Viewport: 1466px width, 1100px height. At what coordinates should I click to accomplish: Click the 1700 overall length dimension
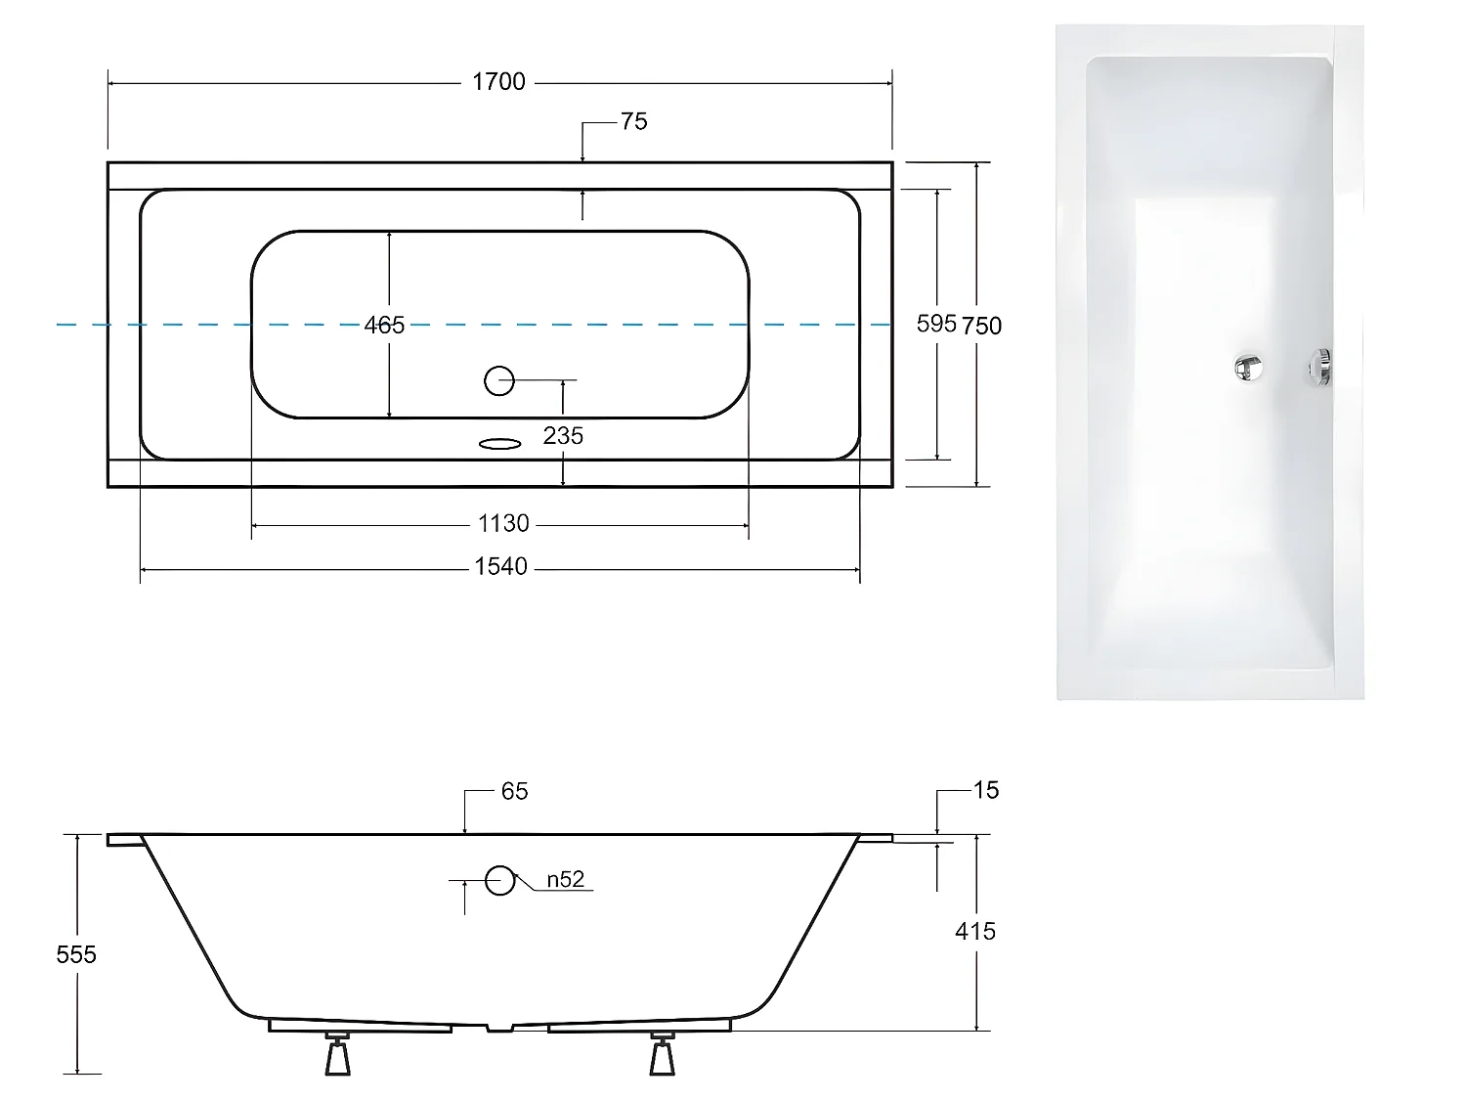pos(498,82)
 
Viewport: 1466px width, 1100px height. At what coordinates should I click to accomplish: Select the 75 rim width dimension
pos(633,121)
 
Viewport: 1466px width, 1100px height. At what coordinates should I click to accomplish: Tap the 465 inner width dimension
pos(384,326)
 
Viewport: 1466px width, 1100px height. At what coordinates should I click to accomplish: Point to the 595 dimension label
pos(935,324)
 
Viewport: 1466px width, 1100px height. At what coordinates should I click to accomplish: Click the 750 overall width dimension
pos(982,326)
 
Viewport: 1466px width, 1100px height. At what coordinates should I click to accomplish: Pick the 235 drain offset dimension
pos(563,436)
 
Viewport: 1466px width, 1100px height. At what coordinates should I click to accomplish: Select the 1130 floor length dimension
pos(503,524)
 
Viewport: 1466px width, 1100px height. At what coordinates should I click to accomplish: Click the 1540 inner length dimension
pos(500,567)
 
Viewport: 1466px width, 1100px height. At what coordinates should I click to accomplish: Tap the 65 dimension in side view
pos(514,791)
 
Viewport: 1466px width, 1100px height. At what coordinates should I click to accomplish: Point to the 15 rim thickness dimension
pos(986,790)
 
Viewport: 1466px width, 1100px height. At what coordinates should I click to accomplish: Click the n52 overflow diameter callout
pos(565,880)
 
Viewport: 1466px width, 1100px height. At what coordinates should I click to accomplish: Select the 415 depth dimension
pos(974,932)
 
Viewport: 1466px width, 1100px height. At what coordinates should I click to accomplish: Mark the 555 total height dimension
pos(76,954)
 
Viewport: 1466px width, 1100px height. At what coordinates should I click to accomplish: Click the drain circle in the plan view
pos(499,380)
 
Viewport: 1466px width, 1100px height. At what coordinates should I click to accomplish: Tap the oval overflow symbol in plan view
pos(500,444)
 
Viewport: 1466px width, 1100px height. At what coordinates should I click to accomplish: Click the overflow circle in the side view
pos(500,881)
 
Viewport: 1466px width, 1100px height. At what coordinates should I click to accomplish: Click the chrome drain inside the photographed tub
pos(1248,367)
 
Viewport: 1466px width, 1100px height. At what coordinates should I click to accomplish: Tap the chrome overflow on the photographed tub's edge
pos(1320,367)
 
